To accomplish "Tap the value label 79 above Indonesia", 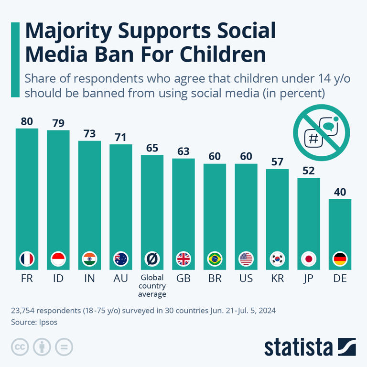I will (58, 123).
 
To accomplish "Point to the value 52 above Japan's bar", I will (309, 171).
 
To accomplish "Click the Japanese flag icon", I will (309, 259).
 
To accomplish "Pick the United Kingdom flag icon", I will (183, 259).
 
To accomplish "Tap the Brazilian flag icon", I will (215, 259).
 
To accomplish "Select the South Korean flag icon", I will (277, 259).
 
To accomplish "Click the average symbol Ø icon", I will (152, 259).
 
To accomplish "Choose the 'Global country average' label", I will (152, 285).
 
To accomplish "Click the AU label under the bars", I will (121, 278).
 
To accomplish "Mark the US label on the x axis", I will (246, 278).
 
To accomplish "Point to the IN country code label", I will (89, 278).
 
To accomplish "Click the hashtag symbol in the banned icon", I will (314, 139).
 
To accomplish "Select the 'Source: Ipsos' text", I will (34, 322).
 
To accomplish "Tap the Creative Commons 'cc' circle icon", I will (20, 346).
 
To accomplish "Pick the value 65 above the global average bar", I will (152, 148).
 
